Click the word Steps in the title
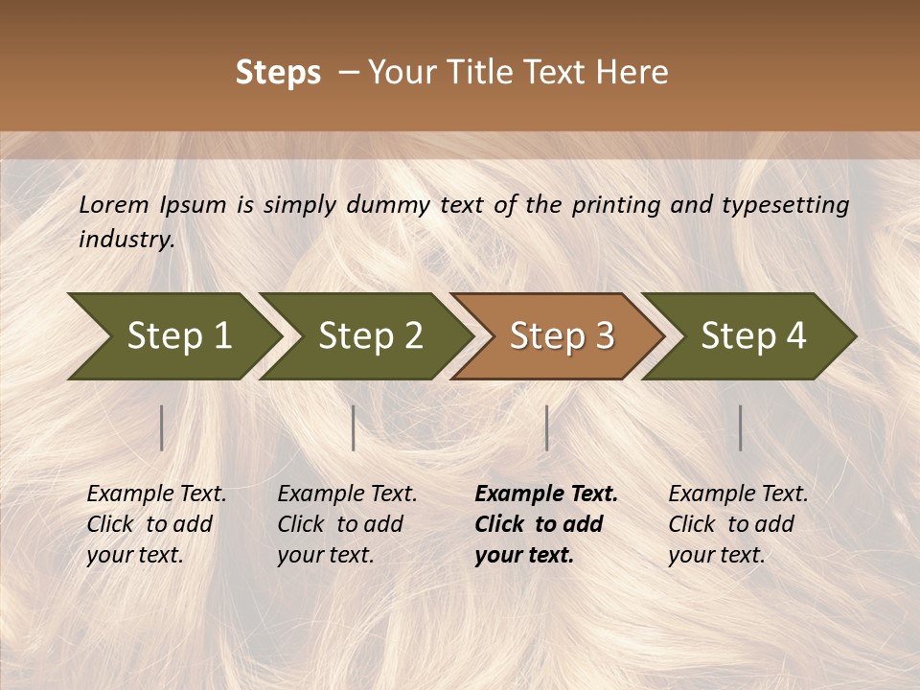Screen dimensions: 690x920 (278, 73)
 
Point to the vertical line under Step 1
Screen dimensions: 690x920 (162, 427)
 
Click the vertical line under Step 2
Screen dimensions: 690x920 (354, 427)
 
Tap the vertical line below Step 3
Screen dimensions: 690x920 (546, 427)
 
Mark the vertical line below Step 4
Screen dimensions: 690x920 (740, 427)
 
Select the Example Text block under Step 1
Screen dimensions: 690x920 (156, 524)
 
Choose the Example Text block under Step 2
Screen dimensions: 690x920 (347, 524)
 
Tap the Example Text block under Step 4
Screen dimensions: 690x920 (738, 524)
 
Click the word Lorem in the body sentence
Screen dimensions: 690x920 (114, 205)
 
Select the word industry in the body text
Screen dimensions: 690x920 (126, 239)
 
